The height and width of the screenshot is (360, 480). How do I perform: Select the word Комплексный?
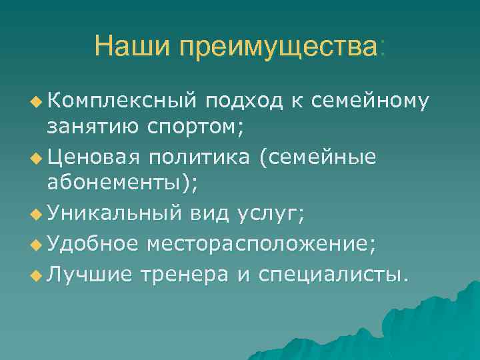[122, 101]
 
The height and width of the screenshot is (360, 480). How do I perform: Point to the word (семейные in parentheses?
[318, 157]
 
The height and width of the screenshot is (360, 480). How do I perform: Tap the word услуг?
[267, 215]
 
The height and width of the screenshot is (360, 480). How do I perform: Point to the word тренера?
[176, 272]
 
